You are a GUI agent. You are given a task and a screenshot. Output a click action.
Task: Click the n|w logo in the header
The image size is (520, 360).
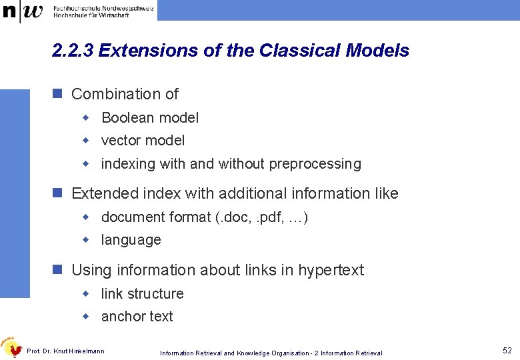23,11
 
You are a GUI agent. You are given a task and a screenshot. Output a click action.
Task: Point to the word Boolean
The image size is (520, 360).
127,118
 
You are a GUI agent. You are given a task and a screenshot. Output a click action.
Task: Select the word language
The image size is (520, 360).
131,240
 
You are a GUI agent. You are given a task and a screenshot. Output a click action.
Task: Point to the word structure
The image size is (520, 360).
155,294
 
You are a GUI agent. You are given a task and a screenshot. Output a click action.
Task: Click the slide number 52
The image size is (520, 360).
507,350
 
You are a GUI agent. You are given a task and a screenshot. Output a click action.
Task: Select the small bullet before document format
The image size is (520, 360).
85,217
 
